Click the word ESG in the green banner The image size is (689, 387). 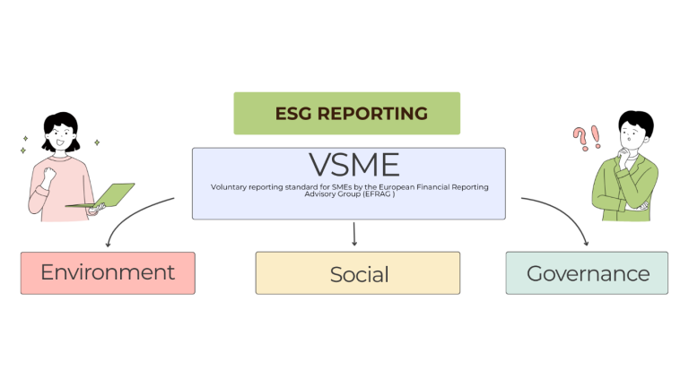point(294,114)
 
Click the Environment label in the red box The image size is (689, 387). point(108,272)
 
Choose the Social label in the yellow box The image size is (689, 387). point(358,274)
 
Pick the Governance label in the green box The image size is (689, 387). point(587,273)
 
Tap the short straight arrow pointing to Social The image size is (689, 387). point(355,234)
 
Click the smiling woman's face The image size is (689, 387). point(64,139)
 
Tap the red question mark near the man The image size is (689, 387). point(580,137)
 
